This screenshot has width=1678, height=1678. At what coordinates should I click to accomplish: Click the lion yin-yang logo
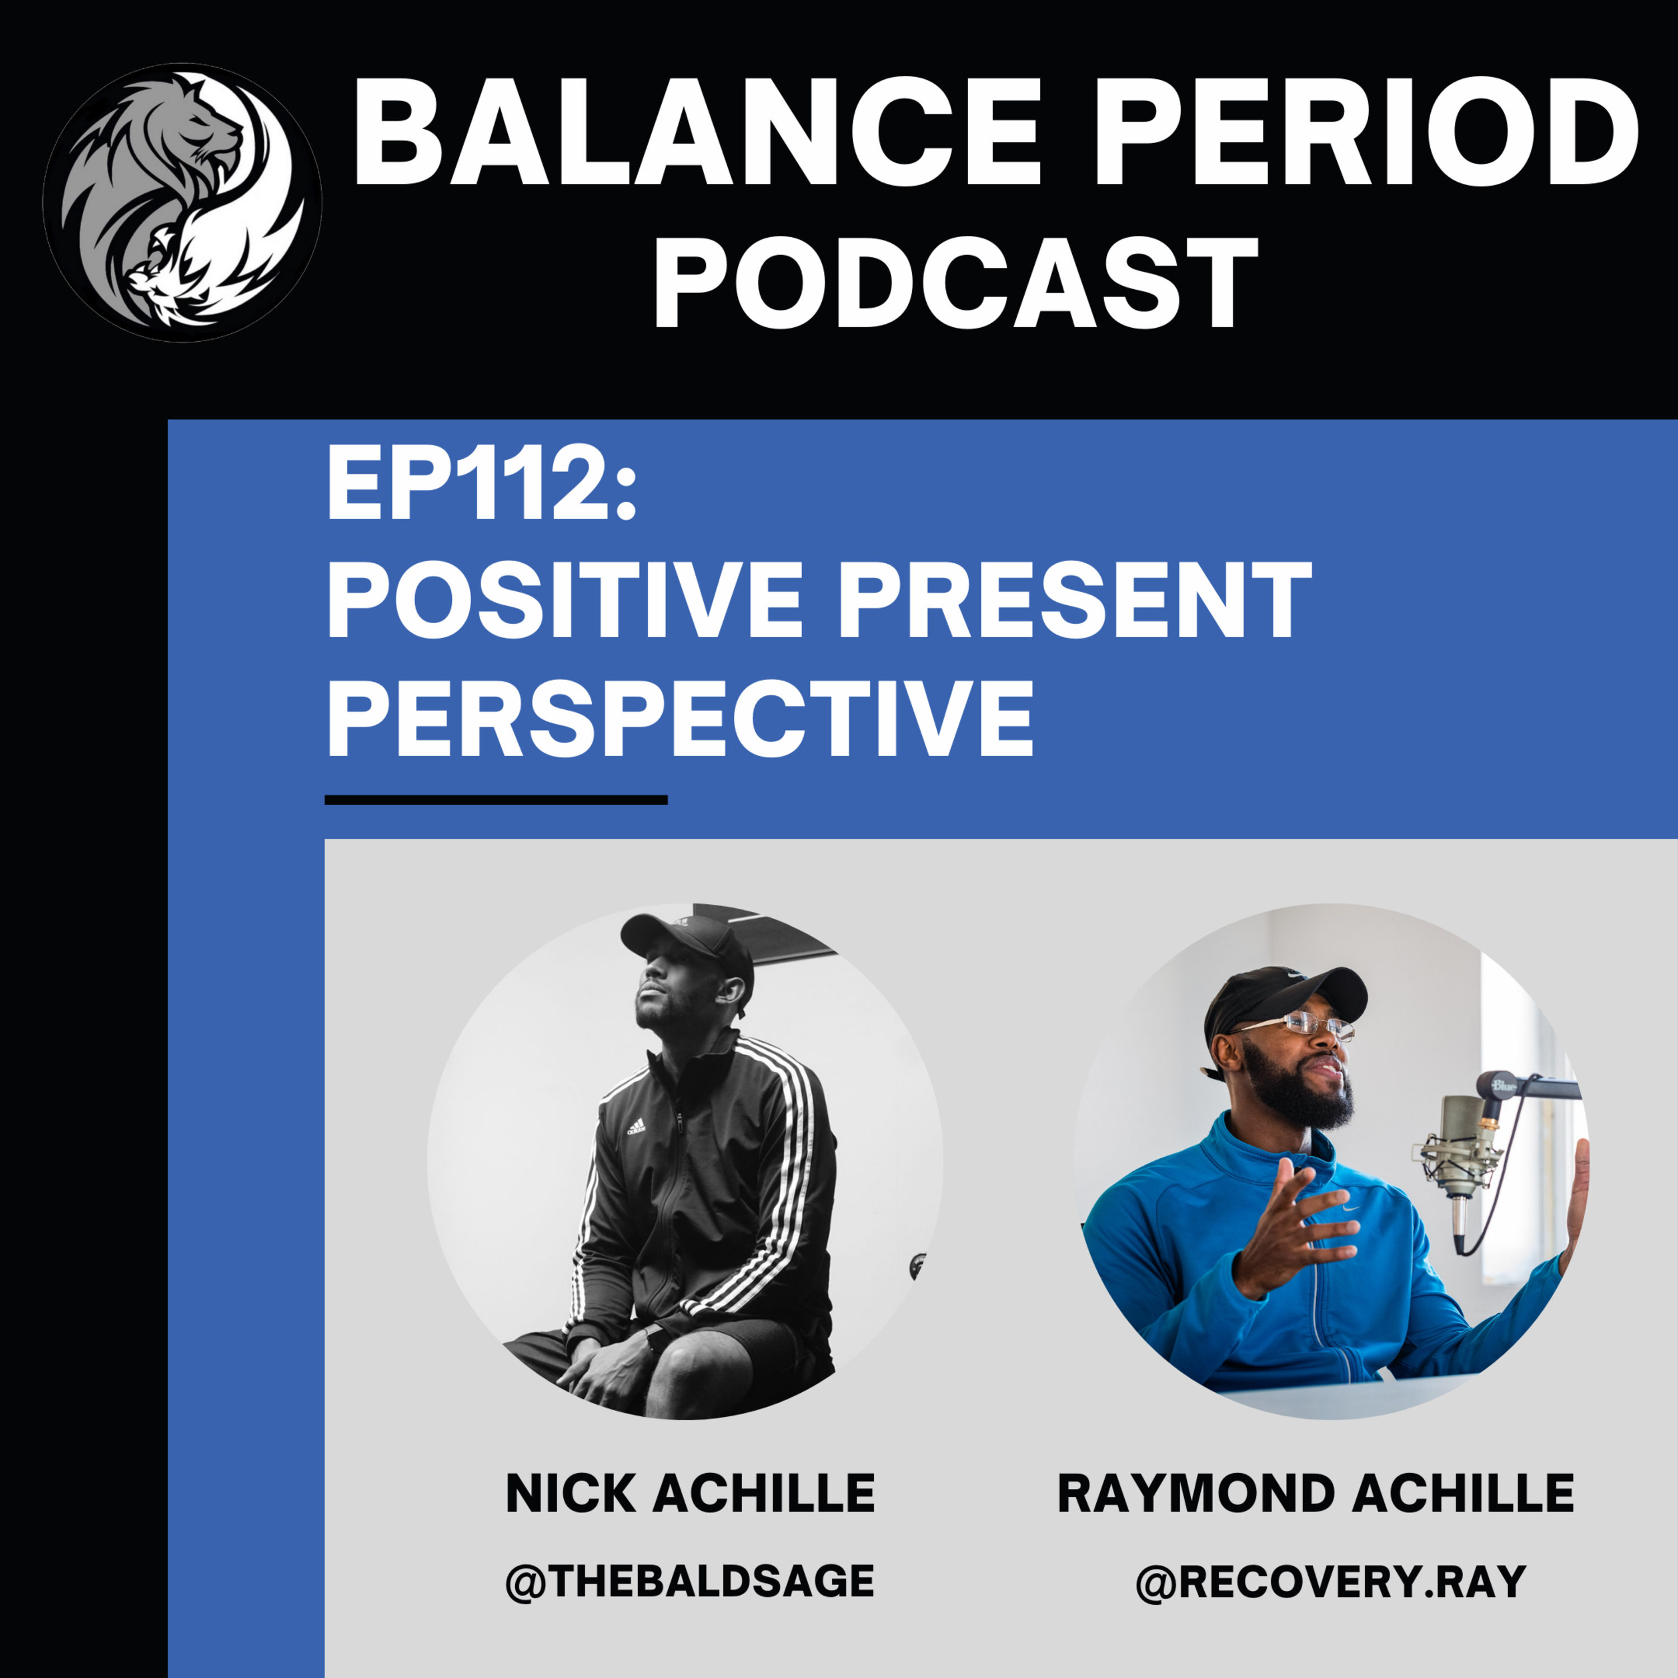(182, 201)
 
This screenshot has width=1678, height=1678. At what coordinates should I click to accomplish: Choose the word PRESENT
(1074, 601)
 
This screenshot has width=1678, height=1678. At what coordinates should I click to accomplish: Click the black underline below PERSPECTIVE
(496, 800)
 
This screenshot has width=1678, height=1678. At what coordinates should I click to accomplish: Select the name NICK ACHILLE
(690, 1494)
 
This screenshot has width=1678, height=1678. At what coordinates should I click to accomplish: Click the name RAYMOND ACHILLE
(1316, 1494)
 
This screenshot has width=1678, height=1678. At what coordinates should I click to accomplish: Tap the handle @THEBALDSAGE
(690, 1581)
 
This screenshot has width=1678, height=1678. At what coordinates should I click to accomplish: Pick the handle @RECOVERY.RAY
(1331, 1581)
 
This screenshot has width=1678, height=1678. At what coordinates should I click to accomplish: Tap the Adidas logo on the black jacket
(636, 1128)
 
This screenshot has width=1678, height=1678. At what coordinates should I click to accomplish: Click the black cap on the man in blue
(1285, 999)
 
